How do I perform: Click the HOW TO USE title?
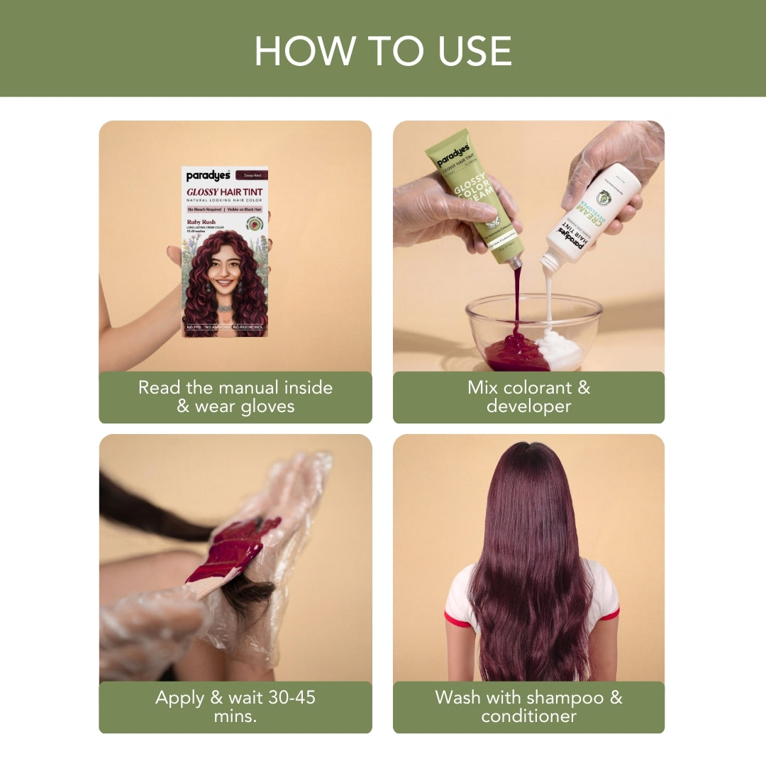coord(383,50)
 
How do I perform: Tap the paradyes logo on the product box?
coord(208,176)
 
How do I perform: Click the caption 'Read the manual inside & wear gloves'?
coord(235,397)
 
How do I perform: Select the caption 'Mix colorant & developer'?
coord(528,397)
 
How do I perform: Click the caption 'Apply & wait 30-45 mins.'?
coord(235,706)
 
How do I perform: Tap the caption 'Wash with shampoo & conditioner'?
coord(528,706)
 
